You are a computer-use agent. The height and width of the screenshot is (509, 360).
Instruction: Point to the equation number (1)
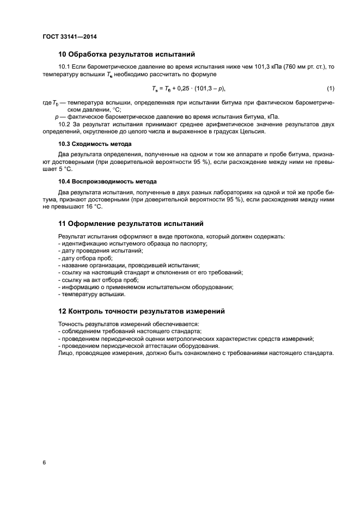(330, 88)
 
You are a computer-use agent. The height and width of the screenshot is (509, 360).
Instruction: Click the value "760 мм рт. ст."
(302, 67)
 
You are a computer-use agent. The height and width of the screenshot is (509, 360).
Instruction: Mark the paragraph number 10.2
(65, 125)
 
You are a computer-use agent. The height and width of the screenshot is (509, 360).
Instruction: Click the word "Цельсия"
(252, 132)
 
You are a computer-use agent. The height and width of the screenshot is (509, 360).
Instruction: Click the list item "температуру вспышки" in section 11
(94, 295)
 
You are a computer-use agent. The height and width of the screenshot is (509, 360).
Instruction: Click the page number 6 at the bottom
(44, 463)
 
